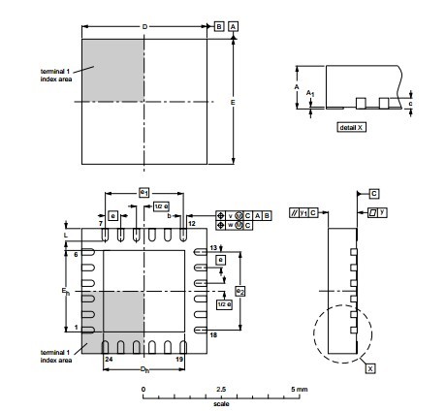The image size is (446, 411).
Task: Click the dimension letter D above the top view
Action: point(144,24)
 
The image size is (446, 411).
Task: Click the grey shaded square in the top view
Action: point(112,69)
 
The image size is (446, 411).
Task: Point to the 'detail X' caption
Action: point(351,127)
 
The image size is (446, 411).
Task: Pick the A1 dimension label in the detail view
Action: point(310,92)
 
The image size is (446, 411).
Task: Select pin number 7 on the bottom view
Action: point(102,224)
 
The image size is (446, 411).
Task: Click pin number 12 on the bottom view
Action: point(191,224)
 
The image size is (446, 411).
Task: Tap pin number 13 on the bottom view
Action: point(213,249)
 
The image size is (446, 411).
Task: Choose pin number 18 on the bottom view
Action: point(213,333)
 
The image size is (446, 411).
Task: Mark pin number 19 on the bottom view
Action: point(179,360)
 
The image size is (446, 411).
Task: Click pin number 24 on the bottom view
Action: point(108,360)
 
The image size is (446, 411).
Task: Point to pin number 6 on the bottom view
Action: point(76,254)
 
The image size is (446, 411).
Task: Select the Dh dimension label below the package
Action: point(143,369)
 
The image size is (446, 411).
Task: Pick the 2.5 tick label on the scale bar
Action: point(222,389)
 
